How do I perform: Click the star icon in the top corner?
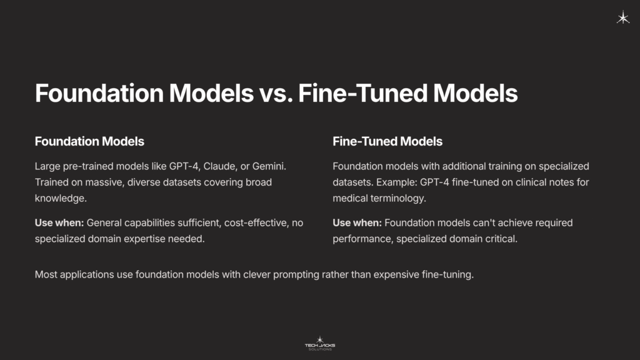coord(623,18)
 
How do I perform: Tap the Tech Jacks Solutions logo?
coord(319,342)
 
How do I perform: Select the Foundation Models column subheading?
coord(89,141)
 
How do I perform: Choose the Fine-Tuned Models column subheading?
coord(387,141)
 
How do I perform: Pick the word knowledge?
coord(61,198)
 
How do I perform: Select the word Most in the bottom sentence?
coord(46,274)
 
